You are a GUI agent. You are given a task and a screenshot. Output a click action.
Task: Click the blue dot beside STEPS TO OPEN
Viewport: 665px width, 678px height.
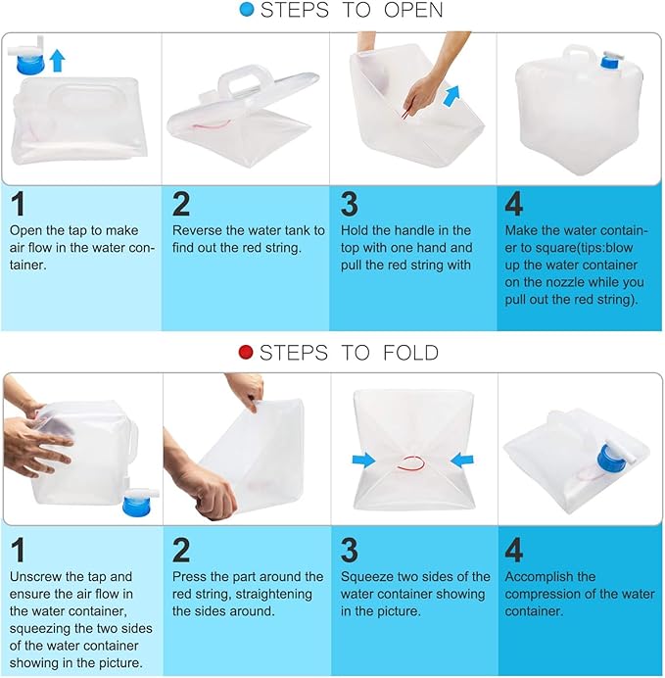coord(247,10)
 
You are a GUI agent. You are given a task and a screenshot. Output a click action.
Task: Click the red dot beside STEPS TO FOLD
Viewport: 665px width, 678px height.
coord(246,352)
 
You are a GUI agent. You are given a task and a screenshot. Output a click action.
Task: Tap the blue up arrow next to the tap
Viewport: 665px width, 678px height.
coord(58,60)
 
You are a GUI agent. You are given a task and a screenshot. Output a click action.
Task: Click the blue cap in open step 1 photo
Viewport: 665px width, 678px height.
coord(29,64)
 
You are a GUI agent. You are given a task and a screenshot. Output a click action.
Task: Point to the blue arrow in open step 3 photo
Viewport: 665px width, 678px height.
coord(451,96)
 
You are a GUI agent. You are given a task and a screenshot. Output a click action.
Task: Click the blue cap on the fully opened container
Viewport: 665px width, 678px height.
coord(609,62)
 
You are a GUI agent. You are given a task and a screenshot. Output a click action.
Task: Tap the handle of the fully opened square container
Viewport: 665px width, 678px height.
coord(578,57)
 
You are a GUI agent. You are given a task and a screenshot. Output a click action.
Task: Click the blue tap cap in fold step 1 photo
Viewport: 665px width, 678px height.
coord(137,506)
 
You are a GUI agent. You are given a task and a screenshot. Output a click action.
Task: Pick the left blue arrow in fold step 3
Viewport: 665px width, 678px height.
coord(363,460)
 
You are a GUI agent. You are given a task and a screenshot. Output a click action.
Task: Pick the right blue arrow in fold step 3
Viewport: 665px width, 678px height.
coord(462,460)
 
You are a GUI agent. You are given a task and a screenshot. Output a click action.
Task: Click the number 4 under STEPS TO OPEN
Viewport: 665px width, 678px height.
coord(514,204)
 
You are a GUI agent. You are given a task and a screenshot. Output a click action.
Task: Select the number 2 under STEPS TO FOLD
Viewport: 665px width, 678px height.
coord(181,550)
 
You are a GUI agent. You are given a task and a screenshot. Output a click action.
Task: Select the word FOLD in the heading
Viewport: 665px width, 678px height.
coord(411,353)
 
